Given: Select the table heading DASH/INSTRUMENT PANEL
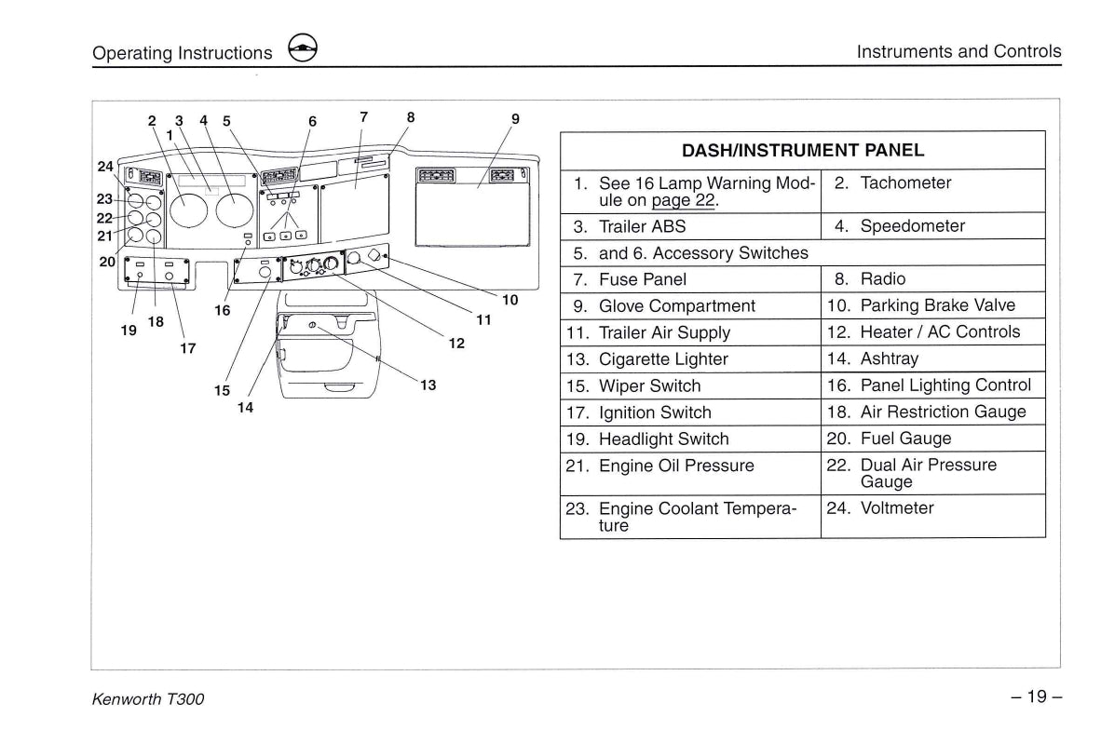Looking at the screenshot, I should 802,150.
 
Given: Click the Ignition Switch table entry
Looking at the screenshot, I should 654,412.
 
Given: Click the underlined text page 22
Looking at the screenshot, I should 685,200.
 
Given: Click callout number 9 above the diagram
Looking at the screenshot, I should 515,119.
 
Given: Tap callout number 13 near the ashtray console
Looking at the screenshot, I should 428,385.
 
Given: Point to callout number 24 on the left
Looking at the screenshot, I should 105,167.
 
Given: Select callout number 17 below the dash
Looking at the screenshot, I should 188,348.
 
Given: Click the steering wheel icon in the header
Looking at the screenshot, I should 303,51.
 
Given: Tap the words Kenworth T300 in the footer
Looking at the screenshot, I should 148,699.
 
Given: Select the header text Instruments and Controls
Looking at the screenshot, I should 958,51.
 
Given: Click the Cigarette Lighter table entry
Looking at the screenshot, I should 662,359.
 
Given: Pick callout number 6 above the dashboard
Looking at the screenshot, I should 312,121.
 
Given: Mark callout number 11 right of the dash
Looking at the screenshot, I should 483,320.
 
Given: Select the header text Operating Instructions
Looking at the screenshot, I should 183,53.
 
